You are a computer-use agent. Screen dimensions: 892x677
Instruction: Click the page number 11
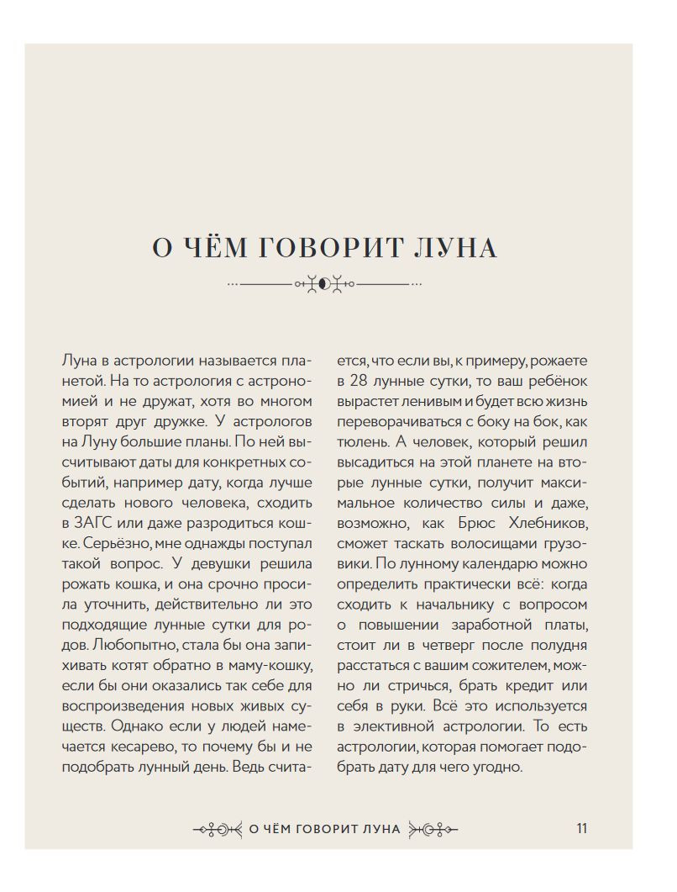581,827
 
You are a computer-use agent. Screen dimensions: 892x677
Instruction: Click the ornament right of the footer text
432,828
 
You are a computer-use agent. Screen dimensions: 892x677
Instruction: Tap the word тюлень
364,441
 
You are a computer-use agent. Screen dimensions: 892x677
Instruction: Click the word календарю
498,562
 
